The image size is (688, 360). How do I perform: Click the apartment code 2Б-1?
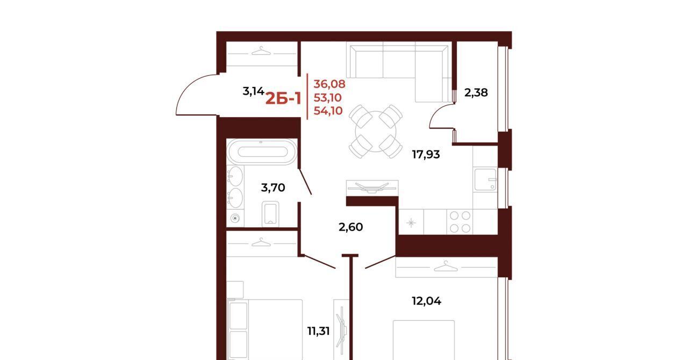tap(283, 99)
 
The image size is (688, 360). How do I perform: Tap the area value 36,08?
tap(329, 84)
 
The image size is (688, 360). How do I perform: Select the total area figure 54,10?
tap(328, 111)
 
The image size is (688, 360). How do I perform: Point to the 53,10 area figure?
tap(327, 97)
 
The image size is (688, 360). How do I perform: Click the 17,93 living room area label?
tap(426, 155)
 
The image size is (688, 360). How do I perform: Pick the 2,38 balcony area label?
tap(476, 92)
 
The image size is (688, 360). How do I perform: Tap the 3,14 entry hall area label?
tap(253, 91)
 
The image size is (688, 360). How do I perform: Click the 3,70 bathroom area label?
tap(273, 188)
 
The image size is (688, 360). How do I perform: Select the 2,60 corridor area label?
tap(350, 227)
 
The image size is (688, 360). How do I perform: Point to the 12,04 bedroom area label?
tap(426, 301)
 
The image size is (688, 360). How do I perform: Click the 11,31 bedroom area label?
tap(318, 331)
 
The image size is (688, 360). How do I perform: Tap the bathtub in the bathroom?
tap(262, 152)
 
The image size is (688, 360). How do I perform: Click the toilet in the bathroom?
tap(270, 213)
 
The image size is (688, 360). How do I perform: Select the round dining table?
tap(375, 132)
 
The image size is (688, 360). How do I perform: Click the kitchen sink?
tap(485, 179)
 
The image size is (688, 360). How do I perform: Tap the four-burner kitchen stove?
tap(460, 222)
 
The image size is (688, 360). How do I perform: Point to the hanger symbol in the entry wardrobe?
tap(261, 51)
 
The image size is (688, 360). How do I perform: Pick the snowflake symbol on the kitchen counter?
tap(411, 222)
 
